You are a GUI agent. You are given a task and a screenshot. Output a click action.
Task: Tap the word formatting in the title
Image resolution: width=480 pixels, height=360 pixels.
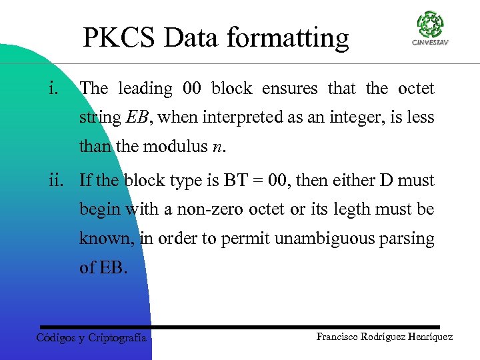287,39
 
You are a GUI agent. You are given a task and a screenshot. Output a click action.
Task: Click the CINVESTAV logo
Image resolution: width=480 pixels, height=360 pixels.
429,28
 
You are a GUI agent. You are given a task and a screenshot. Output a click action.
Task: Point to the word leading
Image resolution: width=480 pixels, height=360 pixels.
145,89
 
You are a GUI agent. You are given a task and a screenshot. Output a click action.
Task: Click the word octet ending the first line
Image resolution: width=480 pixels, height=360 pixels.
415,88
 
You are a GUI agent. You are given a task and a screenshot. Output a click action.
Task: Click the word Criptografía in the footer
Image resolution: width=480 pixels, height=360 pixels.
117,338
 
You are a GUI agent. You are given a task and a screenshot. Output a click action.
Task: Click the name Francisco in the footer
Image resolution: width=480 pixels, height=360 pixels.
339,337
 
